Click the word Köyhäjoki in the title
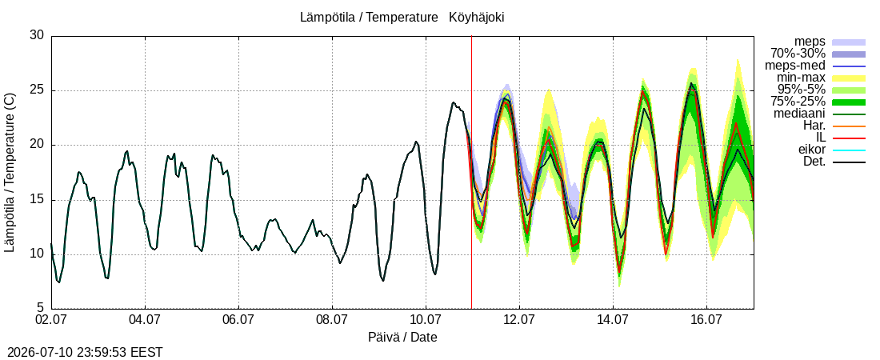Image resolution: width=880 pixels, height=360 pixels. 477,18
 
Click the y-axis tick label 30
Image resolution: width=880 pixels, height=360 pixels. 37,35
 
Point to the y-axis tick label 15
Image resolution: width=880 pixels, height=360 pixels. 37,200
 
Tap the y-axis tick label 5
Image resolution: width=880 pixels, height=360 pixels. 40,308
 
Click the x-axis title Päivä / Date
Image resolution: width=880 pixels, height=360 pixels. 402,338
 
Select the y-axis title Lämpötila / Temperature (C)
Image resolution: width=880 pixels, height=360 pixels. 10,173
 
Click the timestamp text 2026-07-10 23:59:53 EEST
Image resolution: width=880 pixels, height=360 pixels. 82,353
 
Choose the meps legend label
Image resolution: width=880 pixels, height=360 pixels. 810,42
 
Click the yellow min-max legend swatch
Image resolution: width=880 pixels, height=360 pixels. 849,78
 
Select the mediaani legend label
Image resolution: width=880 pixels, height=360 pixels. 802,114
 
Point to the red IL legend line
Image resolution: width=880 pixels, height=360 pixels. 849,138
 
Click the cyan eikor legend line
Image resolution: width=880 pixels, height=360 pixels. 849,150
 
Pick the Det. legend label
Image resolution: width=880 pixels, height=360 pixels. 815,162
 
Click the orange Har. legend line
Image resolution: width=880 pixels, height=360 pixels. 849,126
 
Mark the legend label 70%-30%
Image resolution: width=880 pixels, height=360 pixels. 798,54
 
